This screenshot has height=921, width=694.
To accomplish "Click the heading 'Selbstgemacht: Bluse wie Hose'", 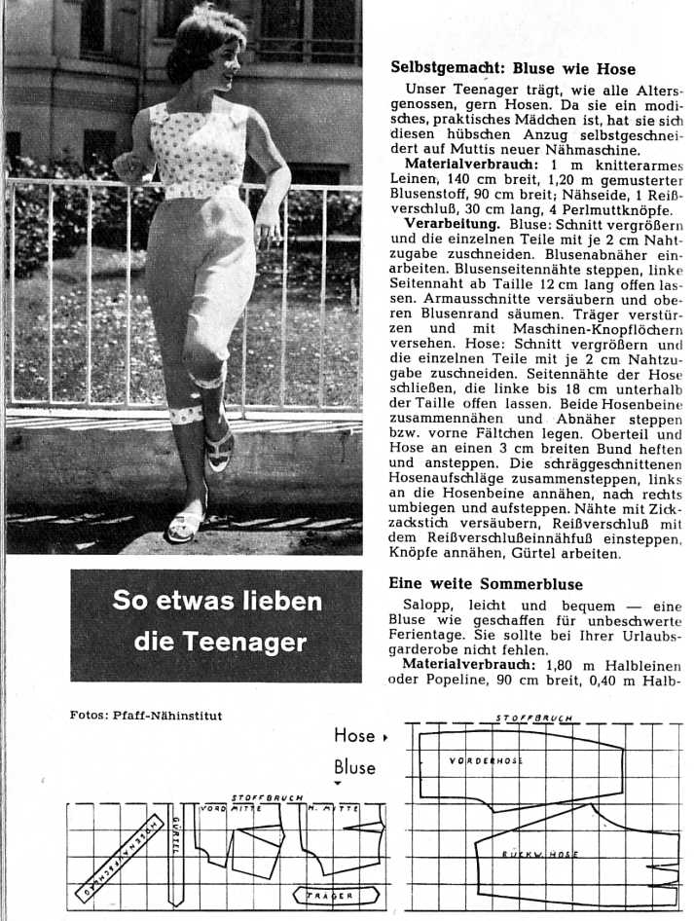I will click(x=513, y=69).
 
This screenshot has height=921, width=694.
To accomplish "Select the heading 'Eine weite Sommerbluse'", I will click(x=486, y=584).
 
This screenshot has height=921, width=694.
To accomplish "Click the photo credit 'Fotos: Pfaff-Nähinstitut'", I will click(x=146, y=716).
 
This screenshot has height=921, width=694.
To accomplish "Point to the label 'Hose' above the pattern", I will click(x=354, y=736).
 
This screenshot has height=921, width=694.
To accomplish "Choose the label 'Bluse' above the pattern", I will click(x=354, y=766).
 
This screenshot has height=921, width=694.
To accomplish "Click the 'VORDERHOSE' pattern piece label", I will click(x=486, y=759).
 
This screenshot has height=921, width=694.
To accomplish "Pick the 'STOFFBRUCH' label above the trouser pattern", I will click(x=532, y=718).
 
